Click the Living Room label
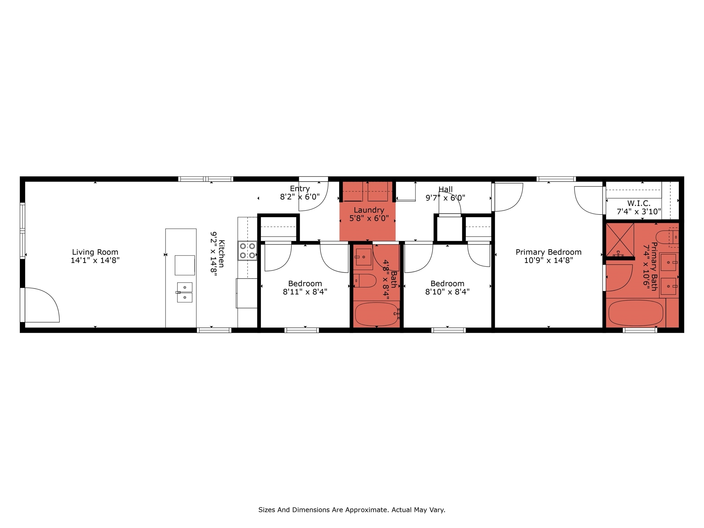(x=95, y=252)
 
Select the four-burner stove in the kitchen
(x=247, y=250)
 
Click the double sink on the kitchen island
(x=184, y=292)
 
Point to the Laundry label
(x=369, y=210)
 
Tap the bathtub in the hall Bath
(x=377, y=314)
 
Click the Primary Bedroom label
(x=548, y=252)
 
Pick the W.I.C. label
(x=639, y=203)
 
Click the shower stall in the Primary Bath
(x=620, y=240)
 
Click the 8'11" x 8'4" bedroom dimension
(x=305, y=291)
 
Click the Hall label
(x=445, y=189)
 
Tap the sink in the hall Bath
(x=363, y=257)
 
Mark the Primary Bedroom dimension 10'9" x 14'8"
(x=548, y=260)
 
